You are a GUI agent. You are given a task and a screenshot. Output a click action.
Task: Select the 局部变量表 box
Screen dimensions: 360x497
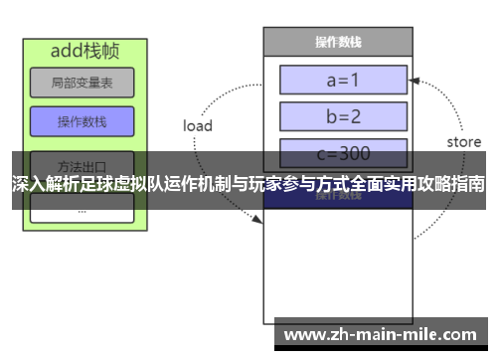82,83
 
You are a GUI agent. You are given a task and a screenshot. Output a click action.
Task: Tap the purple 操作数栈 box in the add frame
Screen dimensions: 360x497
82,122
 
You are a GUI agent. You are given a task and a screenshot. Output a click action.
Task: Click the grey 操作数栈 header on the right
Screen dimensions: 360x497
337,42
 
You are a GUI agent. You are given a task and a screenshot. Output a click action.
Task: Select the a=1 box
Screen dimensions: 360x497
343,80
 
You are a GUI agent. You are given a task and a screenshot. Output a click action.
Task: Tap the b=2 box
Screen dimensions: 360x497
343,115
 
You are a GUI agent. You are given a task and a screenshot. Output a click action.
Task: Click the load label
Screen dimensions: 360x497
198,126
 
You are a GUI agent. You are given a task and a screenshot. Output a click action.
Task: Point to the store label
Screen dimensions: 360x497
463,142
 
